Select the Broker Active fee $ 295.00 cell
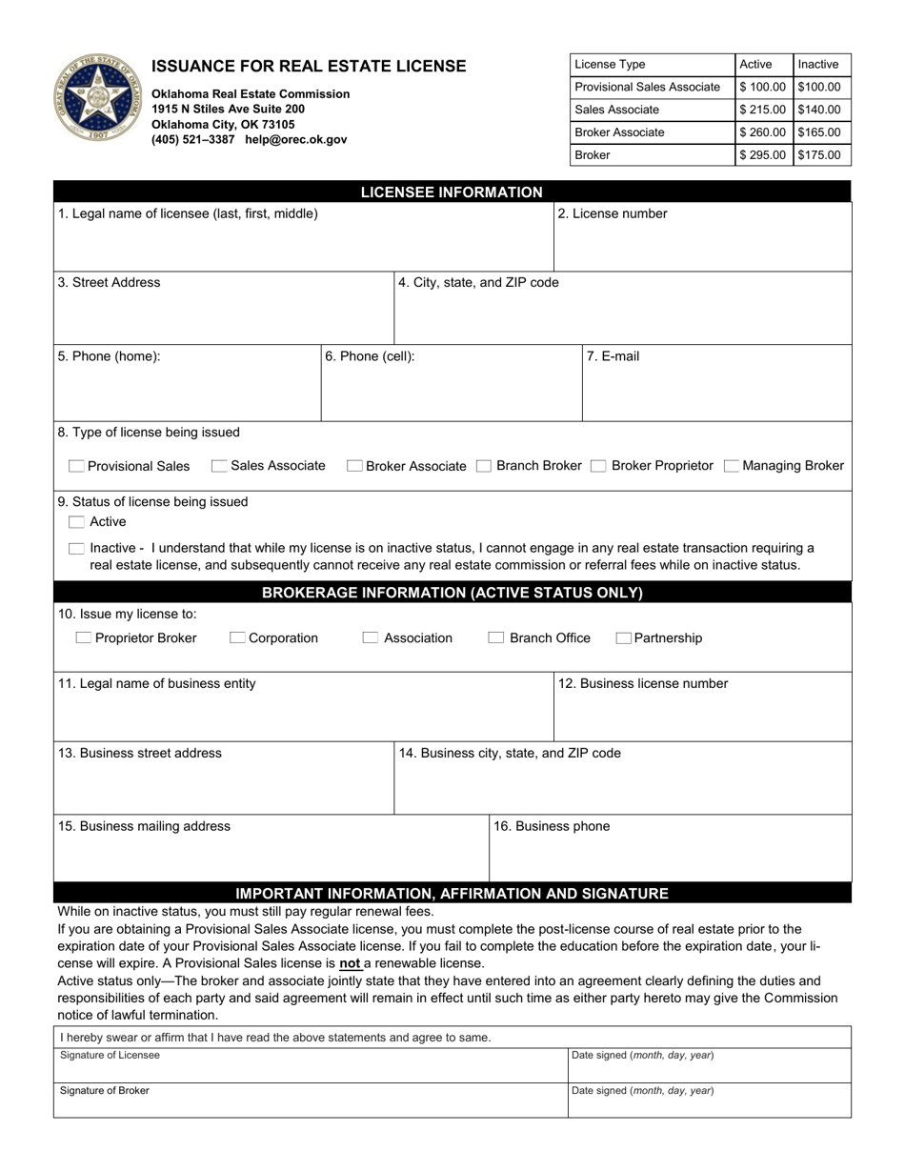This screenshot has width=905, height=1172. click(x=762, y=155)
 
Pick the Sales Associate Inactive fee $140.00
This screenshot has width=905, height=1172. click(x=819, y=110)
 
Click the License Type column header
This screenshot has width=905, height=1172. click(x=610, y=65)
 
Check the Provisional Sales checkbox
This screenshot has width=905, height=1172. click(x=76, y=467)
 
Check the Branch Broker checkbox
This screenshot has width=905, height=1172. click(x=484, y=467)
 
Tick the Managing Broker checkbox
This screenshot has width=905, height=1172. click(x=731, y=467)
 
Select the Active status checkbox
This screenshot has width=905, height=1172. click(x=76, y=522)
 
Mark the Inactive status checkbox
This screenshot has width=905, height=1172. click(x=76, y=549)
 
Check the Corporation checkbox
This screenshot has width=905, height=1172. click(x=237, y=638)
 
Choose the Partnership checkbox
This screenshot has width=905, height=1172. click(x=623, y=638)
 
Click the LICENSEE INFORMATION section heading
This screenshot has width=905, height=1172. click(x=452, y=192)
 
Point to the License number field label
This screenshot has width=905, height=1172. click(x=612, y=213)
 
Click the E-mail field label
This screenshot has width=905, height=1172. click(x=613, y=356)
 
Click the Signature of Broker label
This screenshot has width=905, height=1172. click(x=105, y=1091)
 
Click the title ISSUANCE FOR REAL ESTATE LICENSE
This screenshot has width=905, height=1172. click(x=309, y=67)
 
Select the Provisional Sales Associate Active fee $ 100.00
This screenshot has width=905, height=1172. click(x=762, y=87)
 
